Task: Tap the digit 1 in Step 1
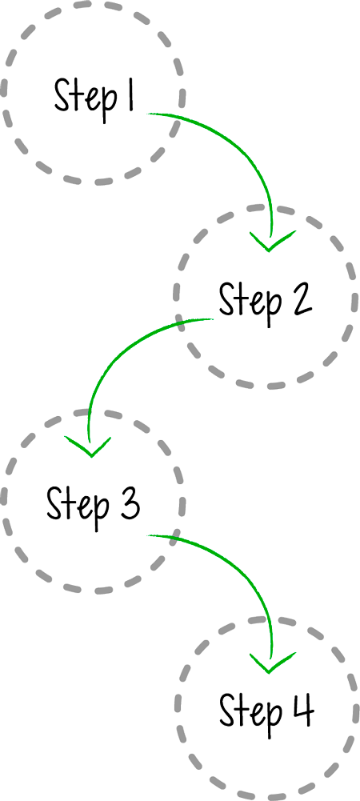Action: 130,95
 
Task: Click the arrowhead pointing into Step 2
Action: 269,242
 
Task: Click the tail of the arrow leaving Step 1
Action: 149,114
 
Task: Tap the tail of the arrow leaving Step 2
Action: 213,319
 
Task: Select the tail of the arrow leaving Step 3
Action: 149,535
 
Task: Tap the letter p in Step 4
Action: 272,718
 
